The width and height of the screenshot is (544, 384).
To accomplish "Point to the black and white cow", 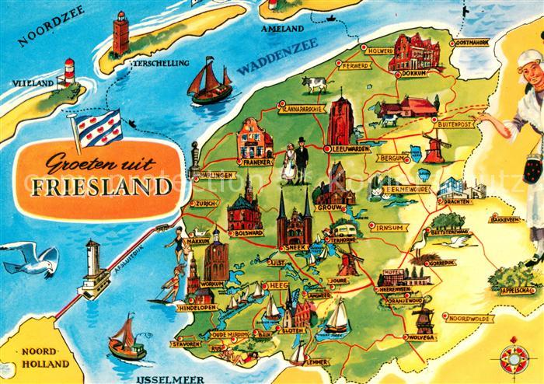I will pos(316,83).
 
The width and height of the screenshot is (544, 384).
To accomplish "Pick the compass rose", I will pos(514,357).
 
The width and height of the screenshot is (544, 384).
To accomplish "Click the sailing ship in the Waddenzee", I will pos(210,81).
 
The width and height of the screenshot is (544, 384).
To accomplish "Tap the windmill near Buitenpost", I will pos(434,145).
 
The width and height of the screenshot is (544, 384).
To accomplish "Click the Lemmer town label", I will pos(318,361).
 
